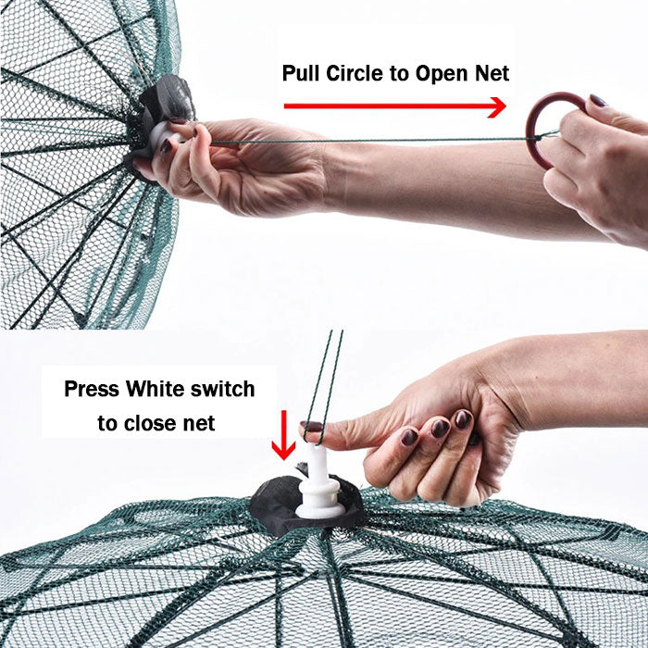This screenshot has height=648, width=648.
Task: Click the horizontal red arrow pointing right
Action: click(394, 106)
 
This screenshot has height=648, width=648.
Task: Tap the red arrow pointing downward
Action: click(283, 435)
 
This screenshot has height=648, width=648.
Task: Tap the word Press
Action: click(92, 389)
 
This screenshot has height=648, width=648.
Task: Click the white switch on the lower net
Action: click(318, 483)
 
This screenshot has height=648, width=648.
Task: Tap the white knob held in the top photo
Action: click(164, 139)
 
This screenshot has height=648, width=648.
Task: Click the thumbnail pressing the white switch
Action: click(312, 426)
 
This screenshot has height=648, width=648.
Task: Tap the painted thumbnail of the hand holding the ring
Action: click(598, 100)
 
